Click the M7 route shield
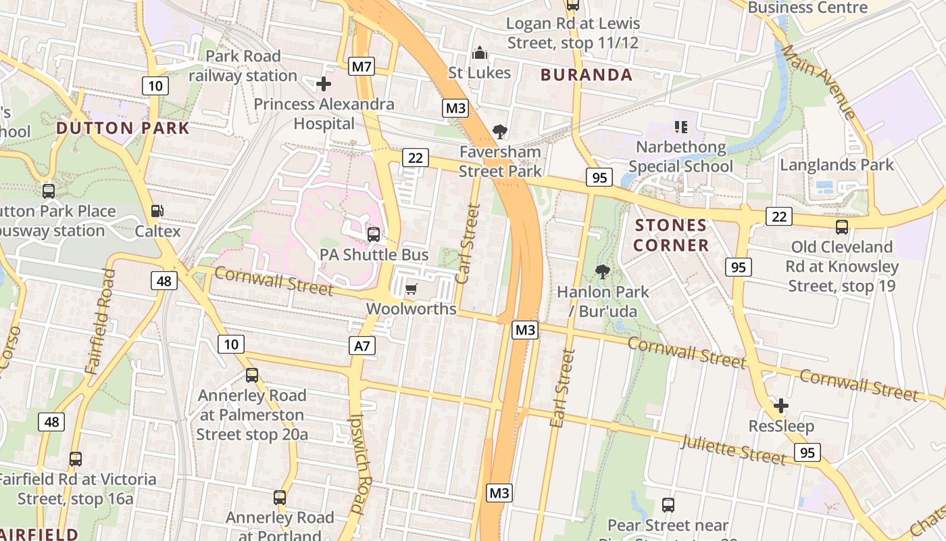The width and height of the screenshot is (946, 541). point(362,66)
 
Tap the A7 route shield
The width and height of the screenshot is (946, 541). point(363,346)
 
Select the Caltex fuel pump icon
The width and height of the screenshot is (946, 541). point(157,211)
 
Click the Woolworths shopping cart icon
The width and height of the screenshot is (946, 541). point(411,289)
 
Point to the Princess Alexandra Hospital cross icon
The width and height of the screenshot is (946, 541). point(324,84)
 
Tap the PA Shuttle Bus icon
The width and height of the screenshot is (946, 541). point(374,235)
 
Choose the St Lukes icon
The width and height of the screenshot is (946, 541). point(480,53)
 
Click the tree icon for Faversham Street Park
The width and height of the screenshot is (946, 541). point(500,131)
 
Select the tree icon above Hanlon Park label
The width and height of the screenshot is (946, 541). point(602,272)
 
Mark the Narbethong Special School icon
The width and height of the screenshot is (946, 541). point(680,126)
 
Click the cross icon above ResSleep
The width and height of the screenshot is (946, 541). point(781,406)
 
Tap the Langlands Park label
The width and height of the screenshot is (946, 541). point(837,165)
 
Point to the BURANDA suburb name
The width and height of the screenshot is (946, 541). point(587,75)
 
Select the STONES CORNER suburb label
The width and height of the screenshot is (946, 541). point(671,235)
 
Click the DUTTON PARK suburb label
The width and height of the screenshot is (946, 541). point(122,128)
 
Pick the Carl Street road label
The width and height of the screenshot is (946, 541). point(468,243)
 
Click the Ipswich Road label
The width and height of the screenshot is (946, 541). point(361,463)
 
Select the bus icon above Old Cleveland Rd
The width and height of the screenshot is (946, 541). point(841,227)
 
